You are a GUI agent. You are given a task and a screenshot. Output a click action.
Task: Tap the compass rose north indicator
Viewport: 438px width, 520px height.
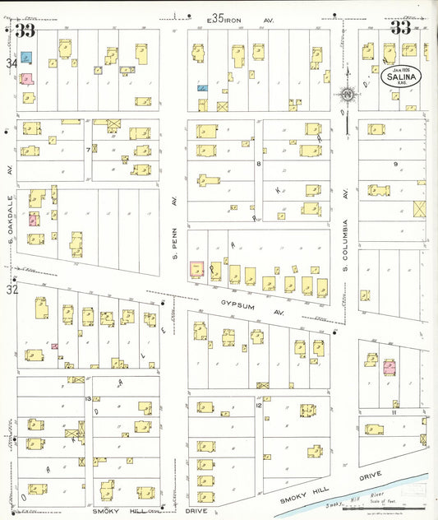click(x=348, y=95)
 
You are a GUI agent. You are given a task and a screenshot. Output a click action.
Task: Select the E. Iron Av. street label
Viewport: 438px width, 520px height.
click(x=233, y=17)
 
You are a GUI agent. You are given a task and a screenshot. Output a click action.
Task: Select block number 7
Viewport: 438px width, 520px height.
click(x=87, y=151)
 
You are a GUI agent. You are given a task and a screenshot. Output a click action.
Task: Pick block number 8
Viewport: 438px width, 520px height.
click(x=258, y=164)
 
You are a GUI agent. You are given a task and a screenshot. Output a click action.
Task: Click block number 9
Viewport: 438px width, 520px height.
click(x=395, y=165)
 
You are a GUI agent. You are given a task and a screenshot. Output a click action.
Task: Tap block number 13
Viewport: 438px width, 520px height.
click(x=87, y=398)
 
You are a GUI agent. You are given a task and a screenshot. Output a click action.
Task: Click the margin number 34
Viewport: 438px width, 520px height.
click(x=11, y=63)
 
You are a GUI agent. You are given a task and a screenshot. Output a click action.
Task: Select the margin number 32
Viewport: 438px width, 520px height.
click(x=11, y=290)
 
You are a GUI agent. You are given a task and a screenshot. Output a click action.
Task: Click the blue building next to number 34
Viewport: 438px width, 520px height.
click(x=26, y=58)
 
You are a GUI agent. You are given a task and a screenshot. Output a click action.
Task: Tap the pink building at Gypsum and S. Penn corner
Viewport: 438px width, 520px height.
click(x=197, y=270)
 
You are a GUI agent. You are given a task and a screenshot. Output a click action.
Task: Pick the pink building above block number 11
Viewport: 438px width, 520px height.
click(x=389, y=367)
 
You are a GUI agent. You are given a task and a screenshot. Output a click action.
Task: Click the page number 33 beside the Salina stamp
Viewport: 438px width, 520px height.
click(x=400, y=28)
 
